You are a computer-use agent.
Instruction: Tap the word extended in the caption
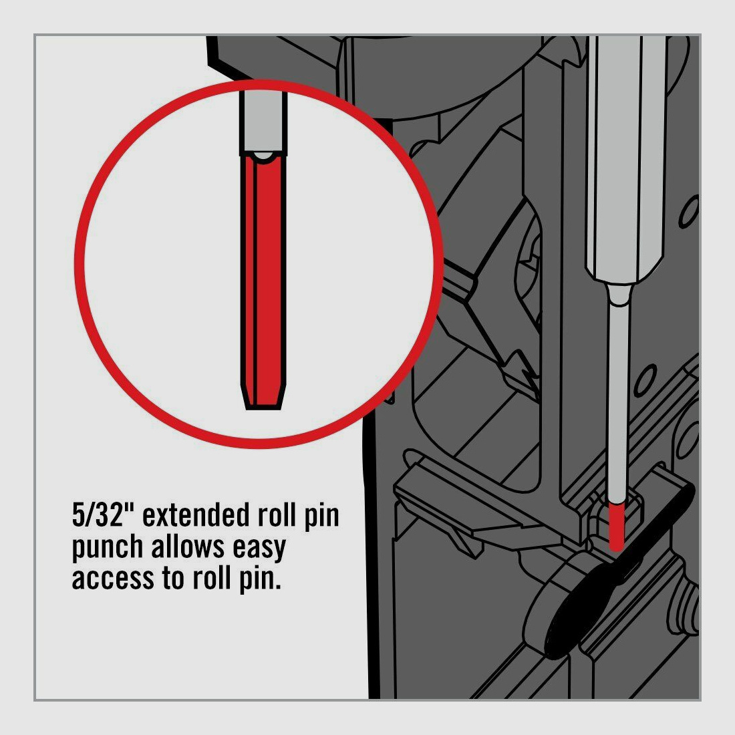(198, 517)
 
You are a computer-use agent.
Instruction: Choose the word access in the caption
(112, 578)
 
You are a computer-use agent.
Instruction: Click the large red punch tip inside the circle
(263, 281)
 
